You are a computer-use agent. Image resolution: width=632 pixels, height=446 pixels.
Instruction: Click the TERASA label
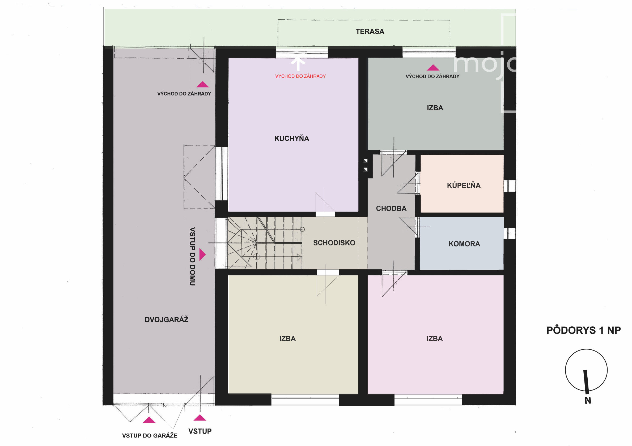coord(370,31)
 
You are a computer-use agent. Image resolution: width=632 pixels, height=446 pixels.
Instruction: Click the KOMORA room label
coord(464,244)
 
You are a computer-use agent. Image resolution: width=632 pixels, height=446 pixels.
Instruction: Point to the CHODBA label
coord(391,209)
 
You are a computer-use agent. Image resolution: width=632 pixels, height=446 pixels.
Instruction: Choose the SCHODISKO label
coord(334,243)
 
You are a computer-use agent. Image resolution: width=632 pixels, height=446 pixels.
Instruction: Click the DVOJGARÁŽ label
coord(166,319)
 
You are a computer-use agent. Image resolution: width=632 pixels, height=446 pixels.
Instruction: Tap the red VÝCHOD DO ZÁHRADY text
coord(300,76)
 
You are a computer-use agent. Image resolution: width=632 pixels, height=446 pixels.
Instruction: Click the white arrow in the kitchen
coord(298,64)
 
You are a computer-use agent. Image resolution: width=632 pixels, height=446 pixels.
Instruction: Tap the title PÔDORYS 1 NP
coord(583,330)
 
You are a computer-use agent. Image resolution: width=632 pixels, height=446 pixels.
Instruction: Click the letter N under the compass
coord(588,400)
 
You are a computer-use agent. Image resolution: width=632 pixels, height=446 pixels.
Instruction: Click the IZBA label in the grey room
coord(435,108)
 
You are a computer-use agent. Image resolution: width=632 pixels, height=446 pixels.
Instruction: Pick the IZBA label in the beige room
coord(287,339)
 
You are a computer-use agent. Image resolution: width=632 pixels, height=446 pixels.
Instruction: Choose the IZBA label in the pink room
coord(435,339)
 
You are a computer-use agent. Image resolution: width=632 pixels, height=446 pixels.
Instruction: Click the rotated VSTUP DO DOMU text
coord(192,256)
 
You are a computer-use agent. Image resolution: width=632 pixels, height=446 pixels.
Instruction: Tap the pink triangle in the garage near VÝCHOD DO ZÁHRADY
coord(202,84)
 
